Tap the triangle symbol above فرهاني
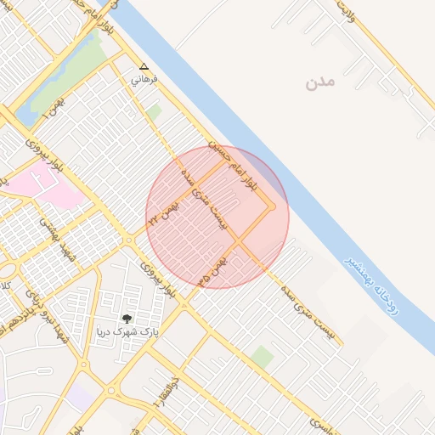(143, 66)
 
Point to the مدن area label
(321, 82)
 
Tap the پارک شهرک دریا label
(127, 332)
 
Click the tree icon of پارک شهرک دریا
(127, 319)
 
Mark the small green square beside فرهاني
(153, 111)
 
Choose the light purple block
(80, 395)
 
